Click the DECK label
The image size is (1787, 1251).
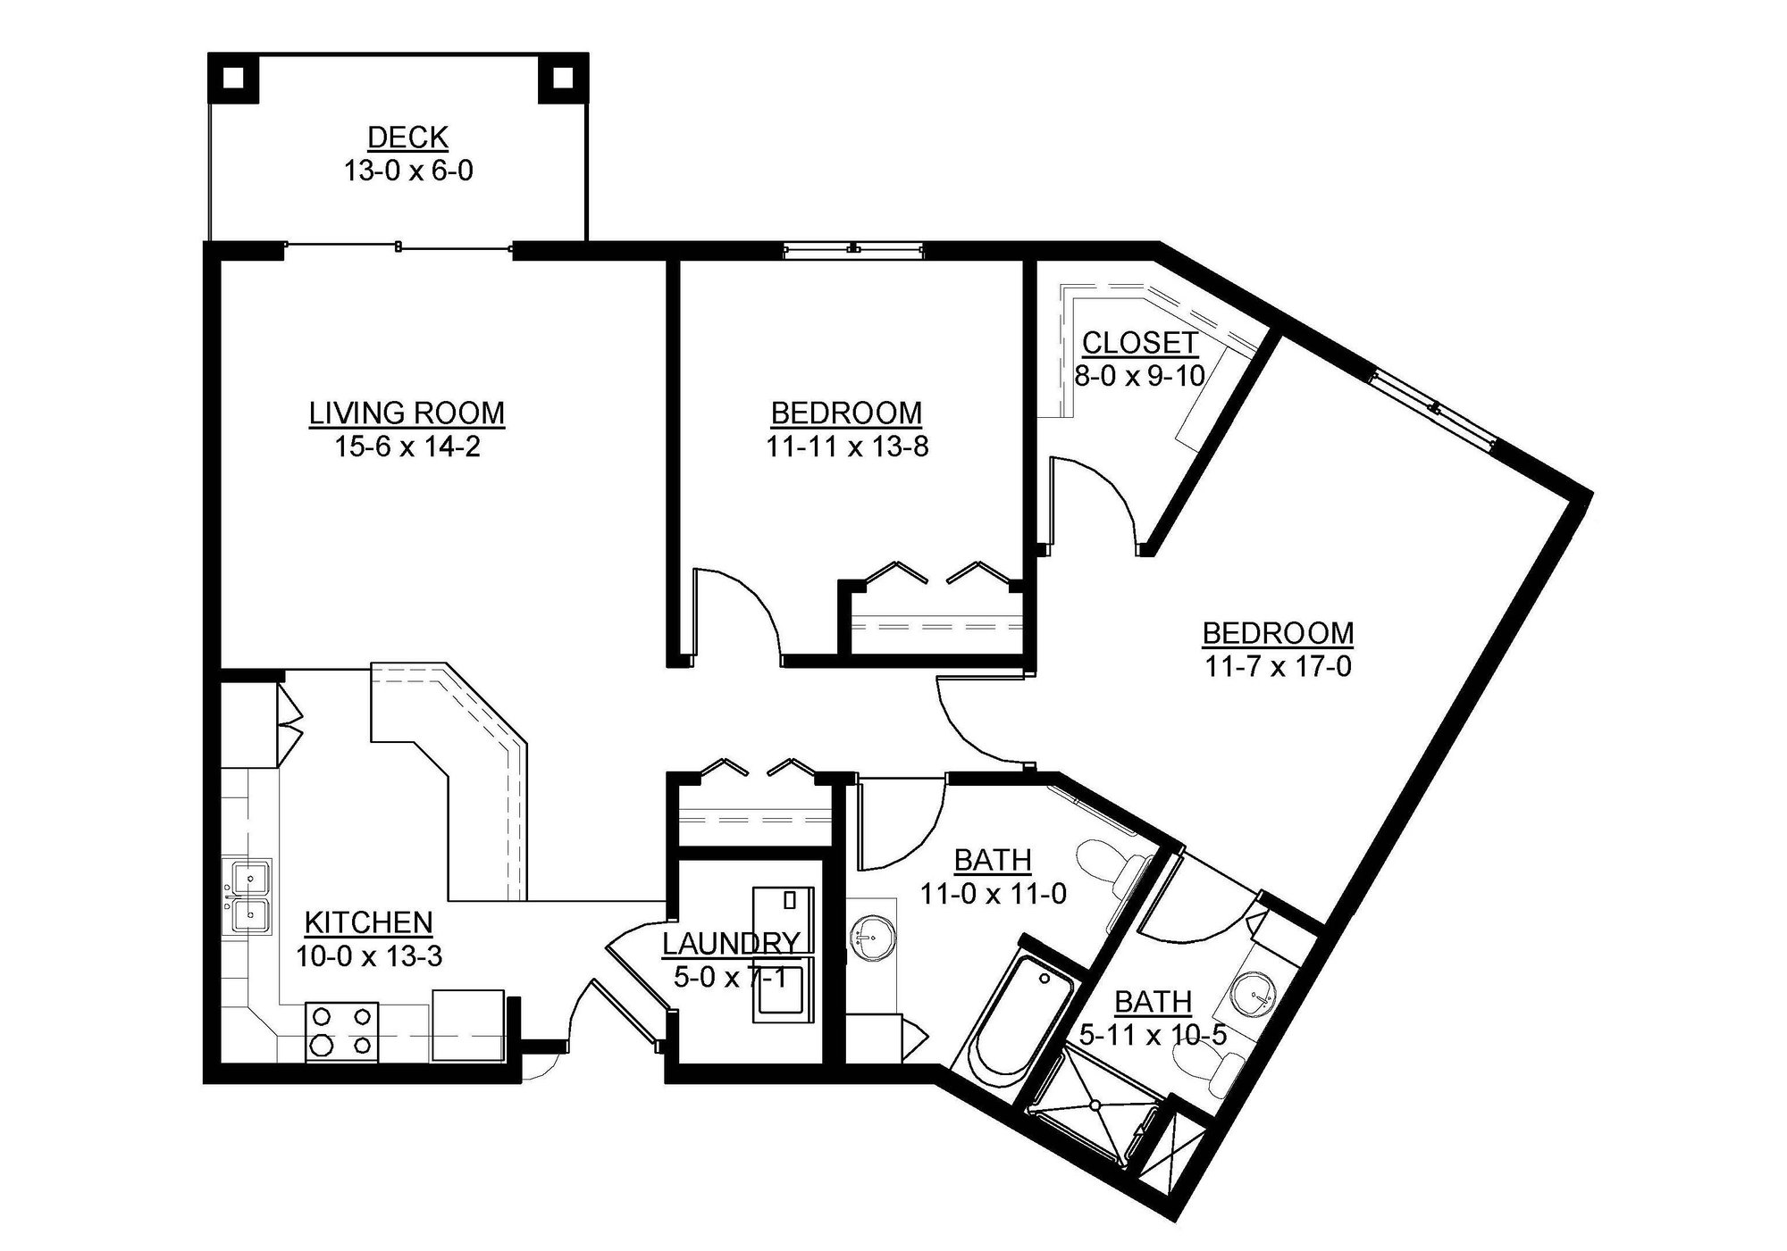pyautogui.click(x=407, y=138)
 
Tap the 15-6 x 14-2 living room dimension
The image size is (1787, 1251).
pyautogui.click(x=407, y=446)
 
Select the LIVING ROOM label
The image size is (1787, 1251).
pyautogui.click(x=407, y=413)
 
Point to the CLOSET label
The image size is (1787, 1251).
pyautogui.click(x=1139, y=343)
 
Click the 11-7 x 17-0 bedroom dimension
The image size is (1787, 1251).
pyautogui.click(x=1278, y=666)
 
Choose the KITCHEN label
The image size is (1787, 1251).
pyautogui.click(x=368, y=922)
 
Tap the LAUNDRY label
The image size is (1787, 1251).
pyautogui.click(x=730, y=943)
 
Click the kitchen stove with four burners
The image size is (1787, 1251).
pyautogui.click(x=340, y=1030)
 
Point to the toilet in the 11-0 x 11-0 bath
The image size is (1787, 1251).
pyautogui.click(x=1112, y=862)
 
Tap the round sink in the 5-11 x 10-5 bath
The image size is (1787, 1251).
pyautogui.click(x=1256, y=994)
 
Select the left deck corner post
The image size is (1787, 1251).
pyautogui.click(x=233, y=78)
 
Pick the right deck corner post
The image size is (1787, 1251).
pyautogui.click(x=562, y=78)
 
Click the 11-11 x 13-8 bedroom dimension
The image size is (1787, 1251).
pyautogui.click(x=846, y=446)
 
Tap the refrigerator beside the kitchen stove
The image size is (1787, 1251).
pyautogui.click(x=468, y=1024)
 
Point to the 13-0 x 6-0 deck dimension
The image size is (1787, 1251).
pyautogui.click(x=407, y=170)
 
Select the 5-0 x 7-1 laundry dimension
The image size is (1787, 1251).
pyautogui.click(x=730, y=977)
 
